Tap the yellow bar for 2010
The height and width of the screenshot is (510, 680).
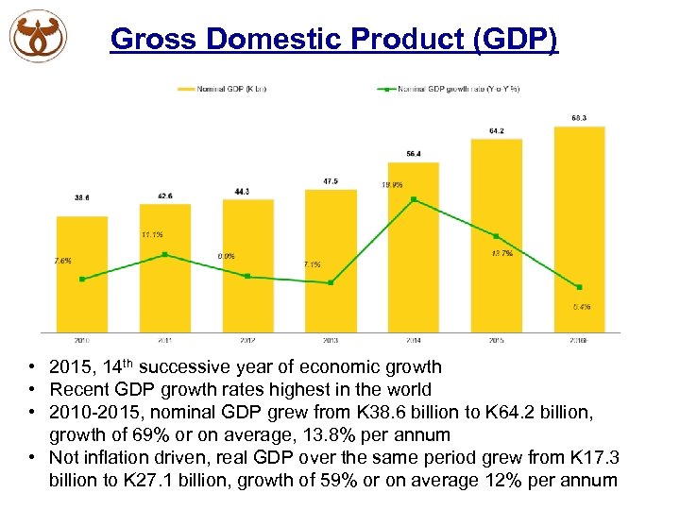82,274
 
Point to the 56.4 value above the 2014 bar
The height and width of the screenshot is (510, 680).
414,153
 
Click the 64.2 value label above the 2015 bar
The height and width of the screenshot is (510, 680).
497,130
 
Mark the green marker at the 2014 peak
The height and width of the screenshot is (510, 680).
414,199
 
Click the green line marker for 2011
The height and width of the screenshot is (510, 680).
165,255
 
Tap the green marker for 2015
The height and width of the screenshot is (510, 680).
497,236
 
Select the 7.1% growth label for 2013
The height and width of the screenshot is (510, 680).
312,264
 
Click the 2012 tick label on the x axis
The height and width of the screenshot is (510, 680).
247,340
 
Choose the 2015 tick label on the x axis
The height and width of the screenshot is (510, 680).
497,340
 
